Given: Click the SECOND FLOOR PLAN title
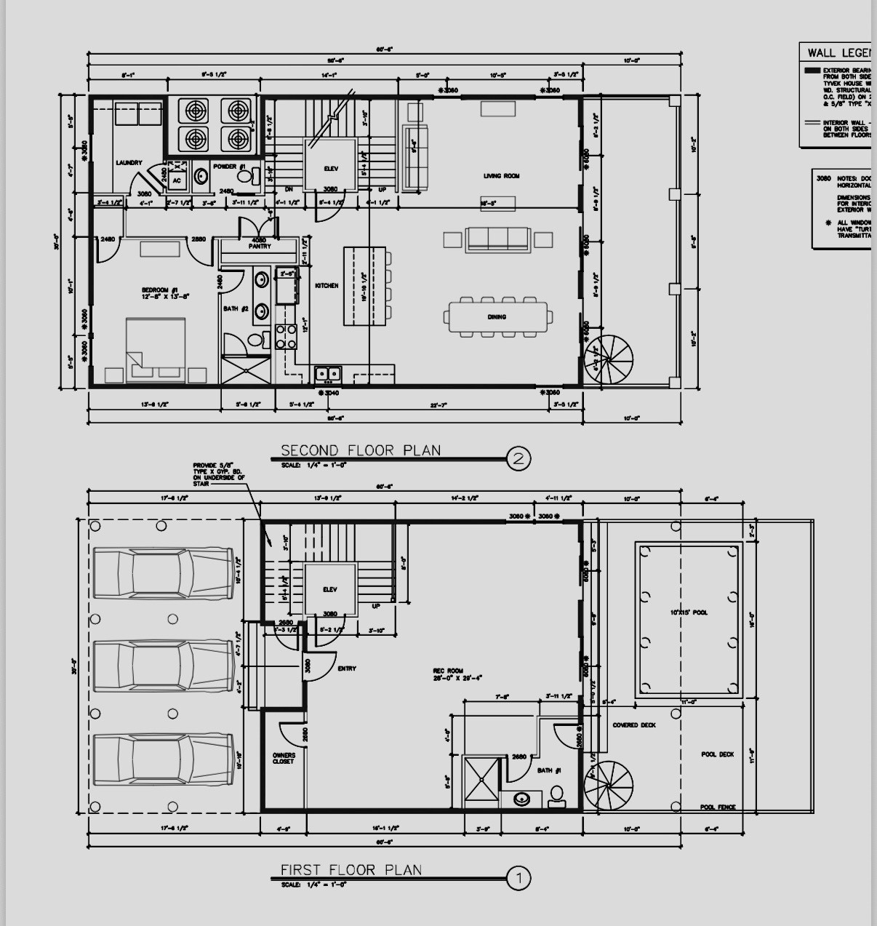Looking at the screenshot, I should click(361, 450).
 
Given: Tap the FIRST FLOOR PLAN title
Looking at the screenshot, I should click(351, 870).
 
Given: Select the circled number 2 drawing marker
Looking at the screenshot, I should click(518, 459).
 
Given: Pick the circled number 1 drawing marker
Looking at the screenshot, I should click(518, 879).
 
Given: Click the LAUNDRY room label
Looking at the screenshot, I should click(129, 163).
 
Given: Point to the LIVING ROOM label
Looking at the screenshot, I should click(501, 176).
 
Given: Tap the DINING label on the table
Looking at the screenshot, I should click(497, 317).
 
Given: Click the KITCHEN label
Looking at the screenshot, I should click(327, 286).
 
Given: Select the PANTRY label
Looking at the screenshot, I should click(260, 247).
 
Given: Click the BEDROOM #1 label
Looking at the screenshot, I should click(166, 294).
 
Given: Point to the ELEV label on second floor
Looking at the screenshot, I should click(331, 169).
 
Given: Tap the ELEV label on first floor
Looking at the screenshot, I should click(330, 590).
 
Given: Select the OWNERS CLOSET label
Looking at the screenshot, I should click(284, 759).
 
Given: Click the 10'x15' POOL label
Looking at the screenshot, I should click(689, 612).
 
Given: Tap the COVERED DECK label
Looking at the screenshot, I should click(633, 725).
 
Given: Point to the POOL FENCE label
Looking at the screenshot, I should click(717, 807).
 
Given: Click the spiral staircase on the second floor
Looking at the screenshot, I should click(609, 360).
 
